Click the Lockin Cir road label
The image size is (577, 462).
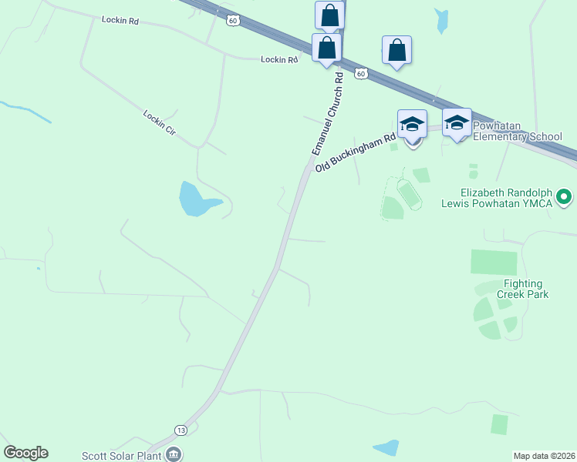tap(160, 122)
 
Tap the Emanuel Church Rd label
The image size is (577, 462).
tap(327, 115)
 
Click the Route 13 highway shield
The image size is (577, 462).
tap(181, 430)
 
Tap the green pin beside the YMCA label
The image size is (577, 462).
tap(564, 197)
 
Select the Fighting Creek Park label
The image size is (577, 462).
tap(524, 289)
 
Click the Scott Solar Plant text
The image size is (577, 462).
tap(122, 455)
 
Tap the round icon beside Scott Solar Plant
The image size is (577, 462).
tap(174, 454)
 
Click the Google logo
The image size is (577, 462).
tap(25, 453)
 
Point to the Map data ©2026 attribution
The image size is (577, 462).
tap(544, 456)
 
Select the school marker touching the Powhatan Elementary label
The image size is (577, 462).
tap(457, 123)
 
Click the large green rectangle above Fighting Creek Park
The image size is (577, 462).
tap(494, 263)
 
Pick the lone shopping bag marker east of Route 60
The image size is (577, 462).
tap(396, 50)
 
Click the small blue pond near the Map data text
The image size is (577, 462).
tap(386, 447)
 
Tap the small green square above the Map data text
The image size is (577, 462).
tap(500, 424)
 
